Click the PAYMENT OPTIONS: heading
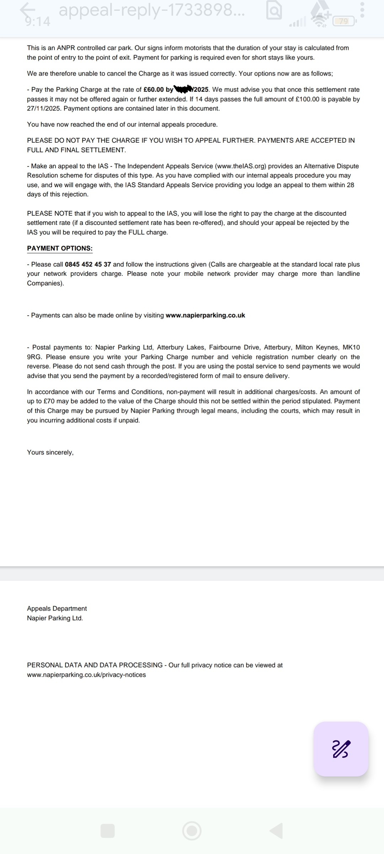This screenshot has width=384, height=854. click(x=60, y=248)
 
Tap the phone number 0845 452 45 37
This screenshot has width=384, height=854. click(x=88, y=264)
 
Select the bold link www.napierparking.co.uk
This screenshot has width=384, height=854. click(x=205, y=315)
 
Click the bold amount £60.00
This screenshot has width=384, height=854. click(x=154, y=90)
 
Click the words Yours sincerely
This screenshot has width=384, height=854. click(x=50, y=452)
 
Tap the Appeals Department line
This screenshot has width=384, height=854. click(x=57, y=608)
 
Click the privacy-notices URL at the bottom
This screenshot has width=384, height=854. click(x=86, y=675)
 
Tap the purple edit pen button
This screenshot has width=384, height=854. click(x=341, y=749)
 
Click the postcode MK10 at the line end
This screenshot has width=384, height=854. click(x=351, y=347)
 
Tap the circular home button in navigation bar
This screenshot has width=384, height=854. click(x=192, y=831)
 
